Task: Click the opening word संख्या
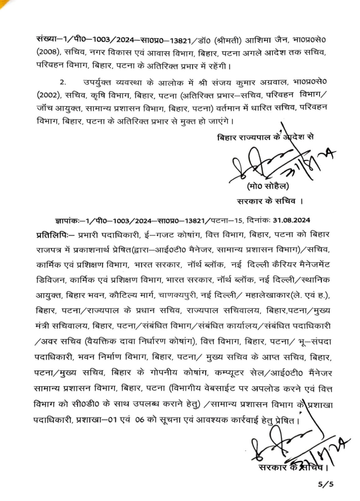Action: [47, 39]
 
